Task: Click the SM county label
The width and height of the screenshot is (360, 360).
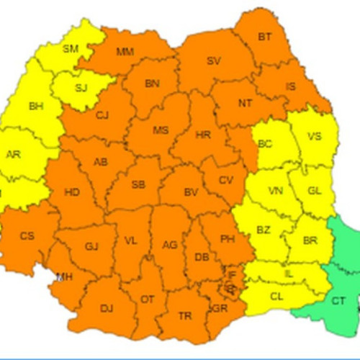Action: click(x=71, y=49)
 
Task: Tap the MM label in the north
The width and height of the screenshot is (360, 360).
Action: click(x=125, y=52)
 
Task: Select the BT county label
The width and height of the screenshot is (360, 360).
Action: click(x=265, y=37)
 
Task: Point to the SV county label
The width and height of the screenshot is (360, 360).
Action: click(x=213, y=61)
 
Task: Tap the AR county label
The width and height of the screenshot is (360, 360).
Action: click(x=14, y=155)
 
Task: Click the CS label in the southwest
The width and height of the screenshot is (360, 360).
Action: click(x=27, y=235)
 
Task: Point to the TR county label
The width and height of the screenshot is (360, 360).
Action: click(x=185, y=316)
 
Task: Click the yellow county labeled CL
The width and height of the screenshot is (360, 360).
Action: click(x=276, y=295)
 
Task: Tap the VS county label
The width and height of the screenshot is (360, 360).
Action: click(x=315, y=137)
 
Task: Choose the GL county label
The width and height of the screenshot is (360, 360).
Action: click(x=315, y=191)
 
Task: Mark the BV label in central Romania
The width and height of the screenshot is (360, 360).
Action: click(x=191, y=193)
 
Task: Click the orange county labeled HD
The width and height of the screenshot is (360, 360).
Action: click(x=72, y=193)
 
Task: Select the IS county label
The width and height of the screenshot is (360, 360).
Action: click(x=290, y=87)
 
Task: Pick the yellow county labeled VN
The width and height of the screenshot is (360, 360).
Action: click(x=275, y=192)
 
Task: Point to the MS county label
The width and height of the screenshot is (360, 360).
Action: click(x=160, y=130)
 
